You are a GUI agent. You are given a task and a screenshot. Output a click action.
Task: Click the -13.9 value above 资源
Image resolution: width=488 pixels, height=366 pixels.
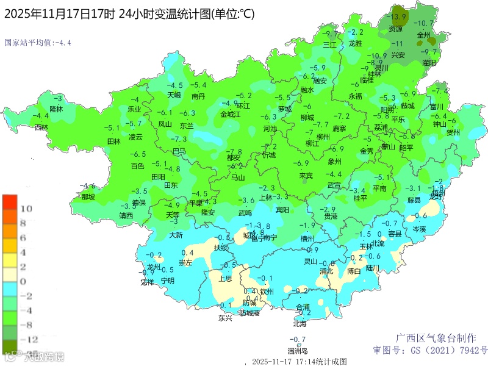tap(398, 16)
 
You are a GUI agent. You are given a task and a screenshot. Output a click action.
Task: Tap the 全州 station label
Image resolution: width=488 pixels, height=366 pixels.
tap(423, 35)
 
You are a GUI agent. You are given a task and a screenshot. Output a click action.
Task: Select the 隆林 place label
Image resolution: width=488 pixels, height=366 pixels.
tap(56, 109)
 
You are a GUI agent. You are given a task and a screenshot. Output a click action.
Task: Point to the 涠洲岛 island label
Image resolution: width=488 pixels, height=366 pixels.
tap(298, 351)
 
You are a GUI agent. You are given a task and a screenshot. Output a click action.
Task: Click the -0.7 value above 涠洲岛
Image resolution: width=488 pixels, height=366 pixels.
tap(298, 339)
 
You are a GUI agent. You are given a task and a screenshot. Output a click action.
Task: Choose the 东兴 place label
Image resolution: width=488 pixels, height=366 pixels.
tap(225, 318)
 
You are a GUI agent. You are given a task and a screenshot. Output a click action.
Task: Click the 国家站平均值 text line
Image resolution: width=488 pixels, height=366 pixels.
tap(38, 43)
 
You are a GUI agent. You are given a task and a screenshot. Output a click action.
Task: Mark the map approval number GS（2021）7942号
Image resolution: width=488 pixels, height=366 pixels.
tap(431, 350)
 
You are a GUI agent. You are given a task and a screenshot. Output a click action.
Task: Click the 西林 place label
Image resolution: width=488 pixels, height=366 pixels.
tap(41, 127)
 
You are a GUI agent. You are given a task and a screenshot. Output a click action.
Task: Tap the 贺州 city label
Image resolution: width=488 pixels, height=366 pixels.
tap(453, 132)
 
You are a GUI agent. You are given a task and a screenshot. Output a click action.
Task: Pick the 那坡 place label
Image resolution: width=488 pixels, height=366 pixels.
tap(88, 197)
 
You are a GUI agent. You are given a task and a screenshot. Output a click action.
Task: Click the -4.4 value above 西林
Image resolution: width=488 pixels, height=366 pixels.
tap(40, 116)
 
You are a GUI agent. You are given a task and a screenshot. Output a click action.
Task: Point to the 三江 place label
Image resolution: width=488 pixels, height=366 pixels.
tap(329, 45)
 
